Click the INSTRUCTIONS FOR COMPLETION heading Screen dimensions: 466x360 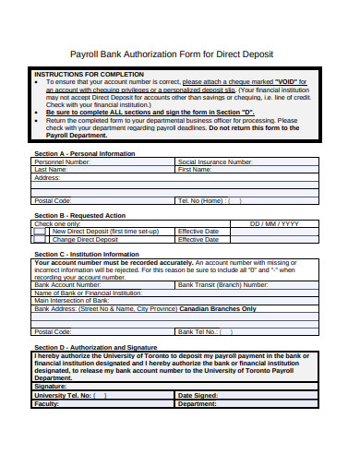tap(88, 73)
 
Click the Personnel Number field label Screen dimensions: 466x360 tap(63, 161)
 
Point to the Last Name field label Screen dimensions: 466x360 tap(51, 170)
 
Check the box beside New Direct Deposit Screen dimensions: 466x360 tap(41, 231)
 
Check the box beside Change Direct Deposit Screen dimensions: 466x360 tap(41, 239)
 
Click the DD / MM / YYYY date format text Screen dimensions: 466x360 tap(275, 223)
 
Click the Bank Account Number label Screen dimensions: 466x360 tap(66, 285)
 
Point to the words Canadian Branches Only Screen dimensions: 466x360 tap(218, 308)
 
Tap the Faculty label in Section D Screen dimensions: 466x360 tap(46, 403)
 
